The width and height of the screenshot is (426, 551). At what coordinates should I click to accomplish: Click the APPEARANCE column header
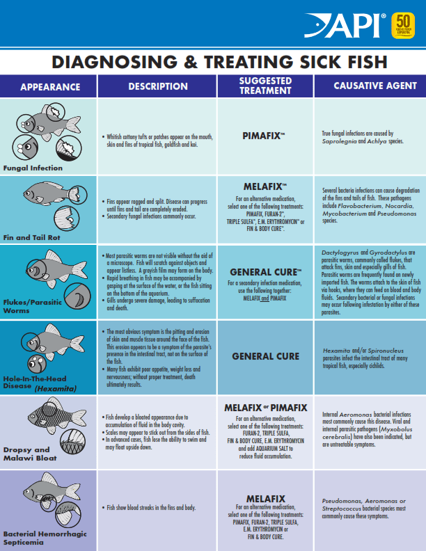coord(50,87)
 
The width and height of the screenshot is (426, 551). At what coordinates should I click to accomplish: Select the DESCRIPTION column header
coord(158,87)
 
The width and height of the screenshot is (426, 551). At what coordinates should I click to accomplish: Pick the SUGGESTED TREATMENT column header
coord(265,86)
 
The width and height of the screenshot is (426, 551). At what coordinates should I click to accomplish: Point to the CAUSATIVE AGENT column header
coord(369,87)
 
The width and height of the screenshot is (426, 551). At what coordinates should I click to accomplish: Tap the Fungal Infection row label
coord(33,168)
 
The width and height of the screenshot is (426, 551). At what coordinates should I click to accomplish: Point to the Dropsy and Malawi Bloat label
coord(29,454)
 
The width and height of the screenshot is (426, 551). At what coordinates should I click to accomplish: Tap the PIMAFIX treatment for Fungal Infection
coord(264,136)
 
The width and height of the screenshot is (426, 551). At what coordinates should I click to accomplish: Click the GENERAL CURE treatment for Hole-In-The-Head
coord(265,356)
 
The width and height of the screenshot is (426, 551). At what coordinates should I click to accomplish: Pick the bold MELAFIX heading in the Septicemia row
coord(265,498)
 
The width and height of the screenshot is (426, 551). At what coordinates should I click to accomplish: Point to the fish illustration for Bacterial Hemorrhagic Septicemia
coord(49,500)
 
